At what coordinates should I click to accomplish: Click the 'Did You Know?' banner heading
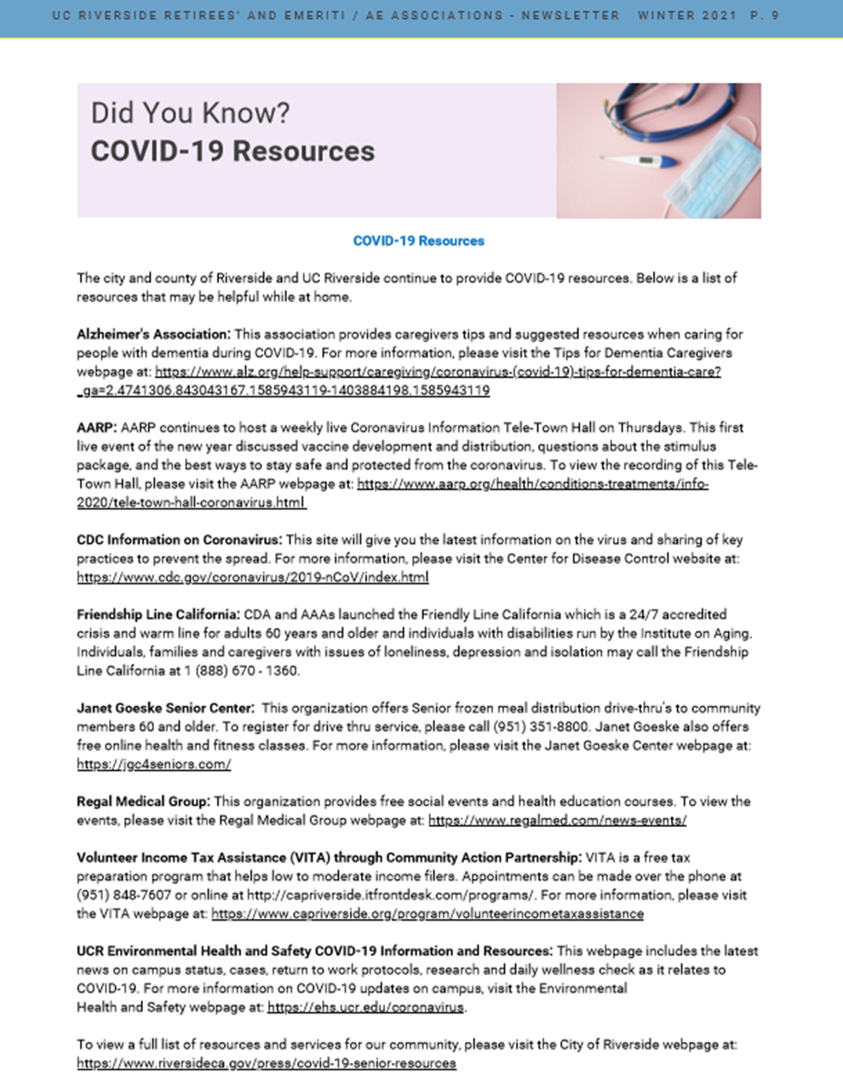point(190,113)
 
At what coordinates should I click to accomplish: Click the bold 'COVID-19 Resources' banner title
point(232,152)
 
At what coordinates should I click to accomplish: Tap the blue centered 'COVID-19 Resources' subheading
point(418,241)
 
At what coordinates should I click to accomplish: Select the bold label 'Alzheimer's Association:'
point(153,334)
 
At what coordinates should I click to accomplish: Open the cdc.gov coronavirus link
point(253,577)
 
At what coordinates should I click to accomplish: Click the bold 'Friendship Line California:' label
point(158,614)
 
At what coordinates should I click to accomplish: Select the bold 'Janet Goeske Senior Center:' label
point(165,708)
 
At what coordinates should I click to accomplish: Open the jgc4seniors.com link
point(154,764)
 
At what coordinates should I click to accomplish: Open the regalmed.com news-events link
point(557,820)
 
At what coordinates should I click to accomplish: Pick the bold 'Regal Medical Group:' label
point(143,801)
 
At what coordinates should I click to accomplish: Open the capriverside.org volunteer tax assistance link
point(427,914)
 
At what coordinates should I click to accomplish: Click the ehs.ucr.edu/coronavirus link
point(366,1008)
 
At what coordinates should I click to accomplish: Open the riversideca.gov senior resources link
point(267,1064)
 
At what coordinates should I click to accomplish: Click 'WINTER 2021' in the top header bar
point(687,15)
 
